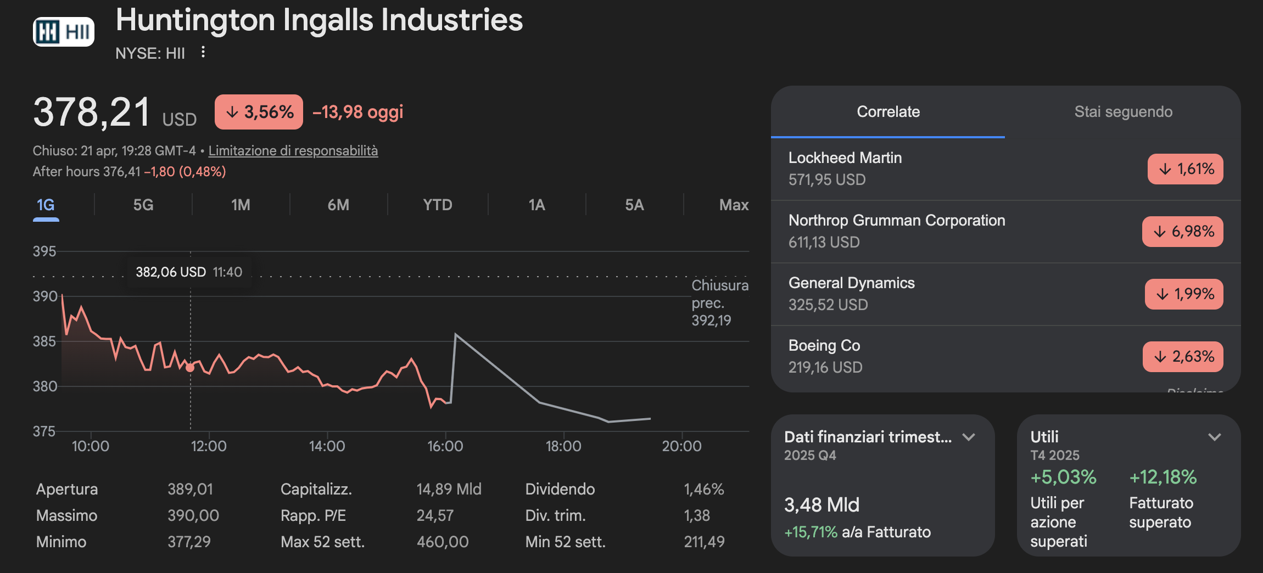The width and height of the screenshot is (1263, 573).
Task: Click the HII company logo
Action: point(64,32)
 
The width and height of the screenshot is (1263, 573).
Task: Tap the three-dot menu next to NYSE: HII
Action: point(203,52)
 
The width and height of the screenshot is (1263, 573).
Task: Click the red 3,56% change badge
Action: point(259,112)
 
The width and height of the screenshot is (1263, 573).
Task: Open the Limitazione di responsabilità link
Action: point(293,150)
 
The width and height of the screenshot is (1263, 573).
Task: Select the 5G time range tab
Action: point(143,205)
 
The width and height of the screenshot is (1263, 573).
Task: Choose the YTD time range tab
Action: point(438,205)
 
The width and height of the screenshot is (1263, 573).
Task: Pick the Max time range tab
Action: point(734,205)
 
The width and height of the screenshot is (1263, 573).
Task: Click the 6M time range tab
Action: point(338,205)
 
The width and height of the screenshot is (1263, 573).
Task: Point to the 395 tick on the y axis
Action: point(44,251)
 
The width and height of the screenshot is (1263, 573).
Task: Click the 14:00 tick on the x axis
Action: point(327,446)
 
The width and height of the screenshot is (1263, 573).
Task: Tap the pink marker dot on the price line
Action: point(190,367)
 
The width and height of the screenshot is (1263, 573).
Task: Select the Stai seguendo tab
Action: point(1123,112)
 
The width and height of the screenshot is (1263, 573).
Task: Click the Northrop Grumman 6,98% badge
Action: point(1183,232)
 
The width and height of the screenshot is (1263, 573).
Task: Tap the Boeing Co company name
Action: point(824,346)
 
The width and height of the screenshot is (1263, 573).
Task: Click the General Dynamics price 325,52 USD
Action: point(828,305)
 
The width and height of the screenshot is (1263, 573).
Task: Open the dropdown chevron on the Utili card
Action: point(1215,437)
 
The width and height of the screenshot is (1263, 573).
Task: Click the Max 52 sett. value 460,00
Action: point(443,542)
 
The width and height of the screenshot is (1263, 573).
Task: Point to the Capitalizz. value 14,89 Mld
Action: point(449,489)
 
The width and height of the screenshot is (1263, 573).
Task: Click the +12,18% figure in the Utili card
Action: point(1163,477)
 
